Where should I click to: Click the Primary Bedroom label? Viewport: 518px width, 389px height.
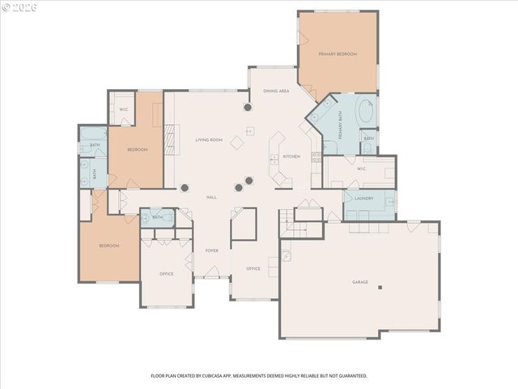point(338,54)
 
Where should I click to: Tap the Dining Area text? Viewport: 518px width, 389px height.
point(276,91)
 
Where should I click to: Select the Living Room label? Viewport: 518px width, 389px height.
point(209,140)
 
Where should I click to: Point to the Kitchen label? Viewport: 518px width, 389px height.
point(291,156)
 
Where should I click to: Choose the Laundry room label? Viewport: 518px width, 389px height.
point(363,199)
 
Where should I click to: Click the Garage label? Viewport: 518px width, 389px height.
point(360,282)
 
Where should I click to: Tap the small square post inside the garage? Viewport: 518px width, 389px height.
point(380,287)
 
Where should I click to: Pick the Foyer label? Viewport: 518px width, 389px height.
point(211,251)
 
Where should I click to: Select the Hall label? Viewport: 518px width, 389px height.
point(211,197)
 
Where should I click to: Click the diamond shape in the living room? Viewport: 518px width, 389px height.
point(237,143)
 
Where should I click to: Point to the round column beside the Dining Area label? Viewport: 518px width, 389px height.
point(247,106)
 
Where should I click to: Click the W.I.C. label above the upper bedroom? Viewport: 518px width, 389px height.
point(124,109)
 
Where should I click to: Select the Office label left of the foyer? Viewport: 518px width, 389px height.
point(167,274)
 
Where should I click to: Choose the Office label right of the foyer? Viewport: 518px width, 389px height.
point(253,268)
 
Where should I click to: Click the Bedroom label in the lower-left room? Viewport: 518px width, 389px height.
point(109,246)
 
